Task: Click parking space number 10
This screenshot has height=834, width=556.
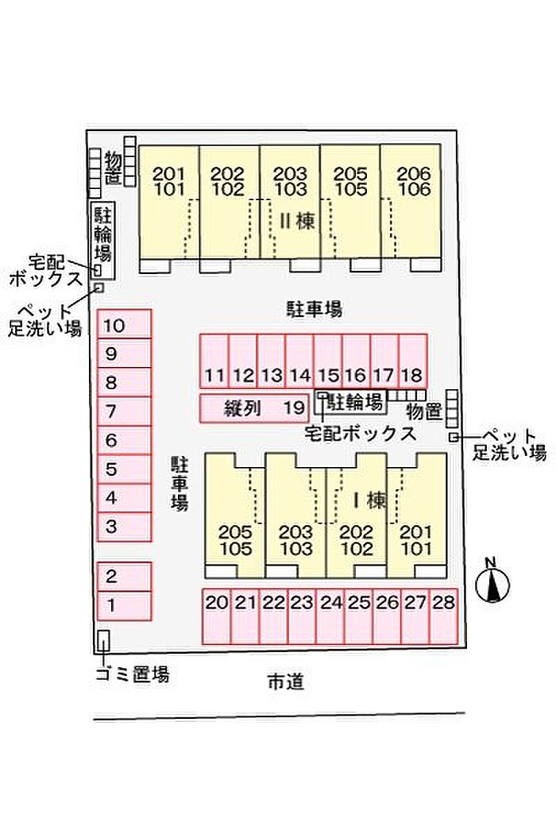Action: pos(124,325)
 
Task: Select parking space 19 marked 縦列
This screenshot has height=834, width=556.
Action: pos(253,408)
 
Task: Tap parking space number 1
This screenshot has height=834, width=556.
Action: pos(124,606)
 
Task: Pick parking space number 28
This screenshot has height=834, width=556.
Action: pos(443,616)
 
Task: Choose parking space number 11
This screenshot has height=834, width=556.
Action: pos(214,362)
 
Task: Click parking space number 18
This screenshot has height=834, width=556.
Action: pos(412,362)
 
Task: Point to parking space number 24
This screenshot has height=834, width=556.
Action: pos(330,616)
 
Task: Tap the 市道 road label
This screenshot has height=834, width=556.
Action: pos(285,681)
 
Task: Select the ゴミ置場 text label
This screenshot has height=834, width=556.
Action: pos(132,675)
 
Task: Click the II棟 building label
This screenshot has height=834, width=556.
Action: pos(295,222)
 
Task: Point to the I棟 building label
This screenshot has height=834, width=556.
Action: pos(369,501)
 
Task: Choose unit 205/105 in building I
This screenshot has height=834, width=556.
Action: pos(235,516)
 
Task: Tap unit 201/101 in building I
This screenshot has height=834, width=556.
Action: pos(416,516)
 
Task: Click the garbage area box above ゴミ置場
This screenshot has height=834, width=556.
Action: pos(102,640)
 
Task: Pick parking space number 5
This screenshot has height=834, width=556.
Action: pos(124,469)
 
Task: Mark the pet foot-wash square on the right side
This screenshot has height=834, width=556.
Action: pos(452,438)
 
